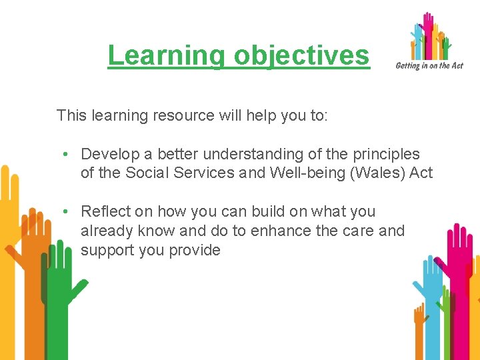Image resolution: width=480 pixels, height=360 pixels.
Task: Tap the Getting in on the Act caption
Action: click(429, 65)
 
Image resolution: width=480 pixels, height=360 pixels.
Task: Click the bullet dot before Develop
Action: click(67, 154)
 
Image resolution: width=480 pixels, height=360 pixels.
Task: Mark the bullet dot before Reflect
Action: click(67, 212)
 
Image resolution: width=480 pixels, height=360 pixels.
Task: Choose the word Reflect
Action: click(105, 212)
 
